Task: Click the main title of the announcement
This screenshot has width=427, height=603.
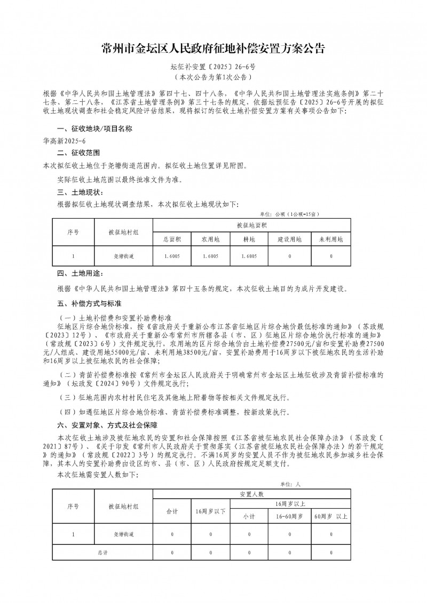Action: (213, 49)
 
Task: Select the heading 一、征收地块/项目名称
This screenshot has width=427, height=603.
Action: (90, 130)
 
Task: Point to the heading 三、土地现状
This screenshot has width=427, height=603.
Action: (80, 191)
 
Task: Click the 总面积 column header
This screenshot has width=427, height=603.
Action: (172, 239)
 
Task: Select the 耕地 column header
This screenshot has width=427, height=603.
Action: (249, 239)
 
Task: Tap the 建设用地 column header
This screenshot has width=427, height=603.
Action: (289, 239)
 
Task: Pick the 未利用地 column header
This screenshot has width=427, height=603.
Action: (331, 239)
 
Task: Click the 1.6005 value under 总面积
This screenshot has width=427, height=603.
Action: (172, 257)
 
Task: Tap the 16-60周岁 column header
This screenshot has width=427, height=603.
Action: (289, 517)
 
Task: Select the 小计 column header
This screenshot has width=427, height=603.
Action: (249, 517)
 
